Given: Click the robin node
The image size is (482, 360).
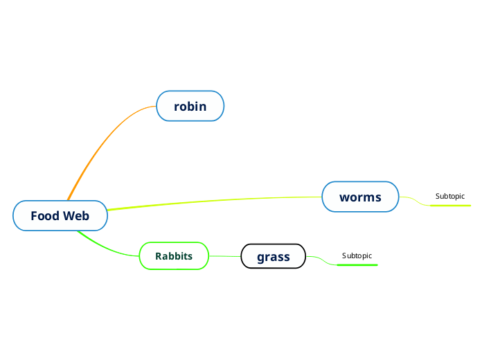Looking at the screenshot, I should [x=190, y=106].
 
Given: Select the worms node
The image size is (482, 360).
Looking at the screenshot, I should [x=360, y=197].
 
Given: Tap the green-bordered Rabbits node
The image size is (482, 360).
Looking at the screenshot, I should [x=174, y=256].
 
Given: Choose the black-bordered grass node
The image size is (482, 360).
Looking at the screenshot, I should [x=273, y=257].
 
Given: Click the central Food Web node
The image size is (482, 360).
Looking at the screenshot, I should [x=60, y=216].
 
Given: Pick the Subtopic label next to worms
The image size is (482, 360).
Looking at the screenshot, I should [x=450, y=197].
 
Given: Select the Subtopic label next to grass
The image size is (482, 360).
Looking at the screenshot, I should [x=357, y=256].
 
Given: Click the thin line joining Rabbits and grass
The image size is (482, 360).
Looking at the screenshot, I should [x=224, y=257].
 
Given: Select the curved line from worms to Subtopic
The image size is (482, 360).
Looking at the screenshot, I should [x=416, y=200].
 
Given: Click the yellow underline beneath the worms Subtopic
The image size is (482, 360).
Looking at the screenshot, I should [x=450, y=206].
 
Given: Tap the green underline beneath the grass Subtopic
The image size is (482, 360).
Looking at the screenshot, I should [x=357, y=265].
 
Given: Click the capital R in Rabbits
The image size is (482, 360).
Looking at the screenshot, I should [x=159, y=256].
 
